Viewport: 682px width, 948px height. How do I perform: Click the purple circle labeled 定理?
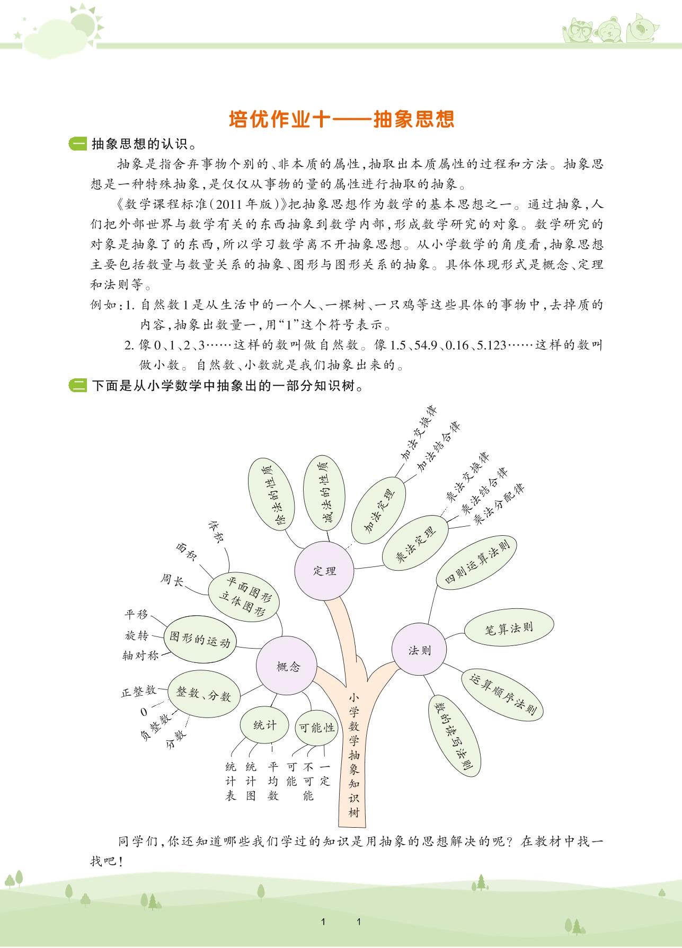click(324, 571)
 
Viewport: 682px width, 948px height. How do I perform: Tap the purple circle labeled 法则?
click(419, 650)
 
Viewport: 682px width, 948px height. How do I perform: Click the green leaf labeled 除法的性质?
click(271, 493)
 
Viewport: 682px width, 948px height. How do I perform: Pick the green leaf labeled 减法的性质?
click(324, 493)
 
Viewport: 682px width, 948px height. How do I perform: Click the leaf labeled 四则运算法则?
click(476, 561)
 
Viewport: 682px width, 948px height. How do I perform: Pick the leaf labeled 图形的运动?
click(199, 639)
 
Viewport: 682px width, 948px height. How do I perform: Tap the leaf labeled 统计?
click(264, 725)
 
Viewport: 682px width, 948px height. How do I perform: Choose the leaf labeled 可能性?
click(316, 728)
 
